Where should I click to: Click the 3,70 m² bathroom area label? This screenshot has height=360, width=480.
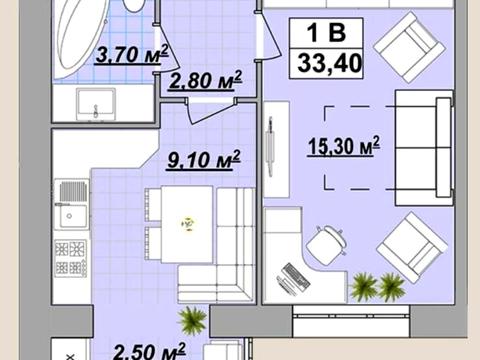click(x=132, y=55)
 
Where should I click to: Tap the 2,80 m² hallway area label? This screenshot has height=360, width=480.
click(x=205, y=80)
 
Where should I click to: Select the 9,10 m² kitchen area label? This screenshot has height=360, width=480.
click(x=204, y=160)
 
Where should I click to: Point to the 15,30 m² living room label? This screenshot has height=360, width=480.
click(x=343, y=146)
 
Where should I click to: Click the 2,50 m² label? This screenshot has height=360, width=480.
click(x=149, y=351)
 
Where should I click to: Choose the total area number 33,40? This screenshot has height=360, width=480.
click(x=329, y=63)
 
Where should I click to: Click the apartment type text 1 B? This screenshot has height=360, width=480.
click(x=326, y=33)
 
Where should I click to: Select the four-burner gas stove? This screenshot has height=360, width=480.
click(x=71, y=258)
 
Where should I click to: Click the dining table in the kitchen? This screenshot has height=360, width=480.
click(x=187, y=224)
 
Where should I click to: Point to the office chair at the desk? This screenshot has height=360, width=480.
click(x=326, y=246)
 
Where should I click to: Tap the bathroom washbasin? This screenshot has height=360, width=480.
click(x=96, y=104)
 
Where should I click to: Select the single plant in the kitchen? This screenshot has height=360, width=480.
click(x=192, y=321)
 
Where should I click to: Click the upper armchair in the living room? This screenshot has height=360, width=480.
click(x=409, y=47)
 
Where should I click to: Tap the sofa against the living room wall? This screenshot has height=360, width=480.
click(x=424, y=148)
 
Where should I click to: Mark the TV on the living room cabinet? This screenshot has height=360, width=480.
click(x=270, y=147)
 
